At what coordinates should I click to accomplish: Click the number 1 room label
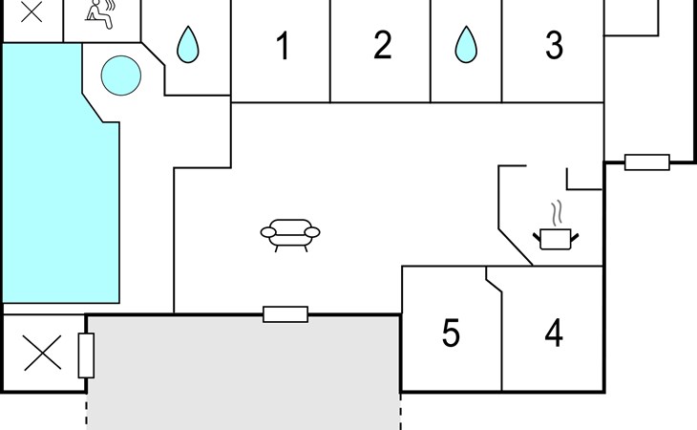coord(283,46)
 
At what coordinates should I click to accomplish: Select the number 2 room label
coord(382,46)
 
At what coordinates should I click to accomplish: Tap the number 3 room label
coord(554,46)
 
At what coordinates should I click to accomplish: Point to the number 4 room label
coord(554,333)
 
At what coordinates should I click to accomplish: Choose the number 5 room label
coord(451,333)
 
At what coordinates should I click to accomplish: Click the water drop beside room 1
coord(187,44)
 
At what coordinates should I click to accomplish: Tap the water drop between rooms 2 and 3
coord(465,44)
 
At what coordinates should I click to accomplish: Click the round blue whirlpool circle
coord(121,75)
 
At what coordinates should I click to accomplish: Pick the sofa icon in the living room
coord(290,233)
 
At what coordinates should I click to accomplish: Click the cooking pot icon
coord(555,237)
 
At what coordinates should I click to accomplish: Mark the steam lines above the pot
coord(555,211)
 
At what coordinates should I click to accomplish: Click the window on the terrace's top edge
coord(285,314)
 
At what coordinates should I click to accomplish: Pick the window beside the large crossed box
coord(86,355)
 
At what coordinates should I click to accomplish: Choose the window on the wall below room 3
coord(647,162)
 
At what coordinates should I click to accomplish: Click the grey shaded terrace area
coord(243,373)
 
